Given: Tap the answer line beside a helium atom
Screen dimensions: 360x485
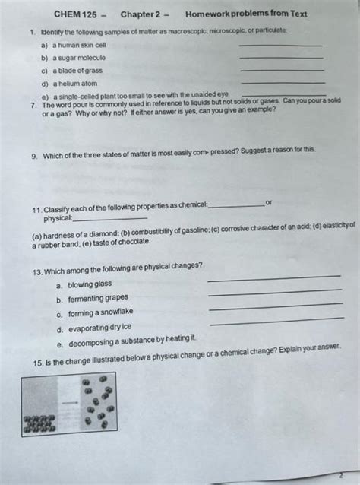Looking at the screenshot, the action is pyautogui.click(x=282, y=82).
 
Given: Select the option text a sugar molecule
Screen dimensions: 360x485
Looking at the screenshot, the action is pyautogui.click(x=81, y=58).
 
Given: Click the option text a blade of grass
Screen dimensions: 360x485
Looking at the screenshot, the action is pyautogui.click(x=79, y=71).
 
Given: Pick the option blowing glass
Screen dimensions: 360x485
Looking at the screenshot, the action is pyautogui.click(x=89, y=284).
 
